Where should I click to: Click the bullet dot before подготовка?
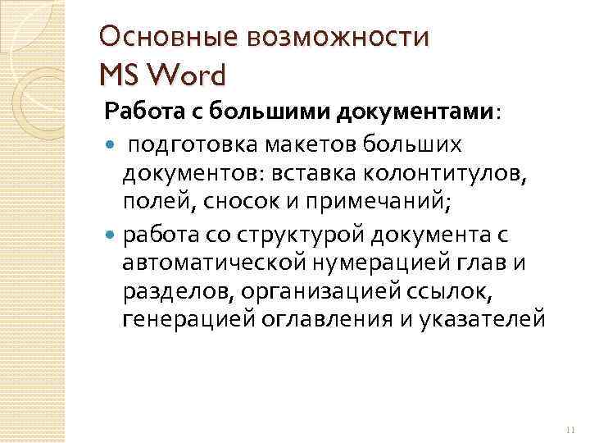(x=111, y=145)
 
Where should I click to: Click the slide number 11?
(x=571, y=431)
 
